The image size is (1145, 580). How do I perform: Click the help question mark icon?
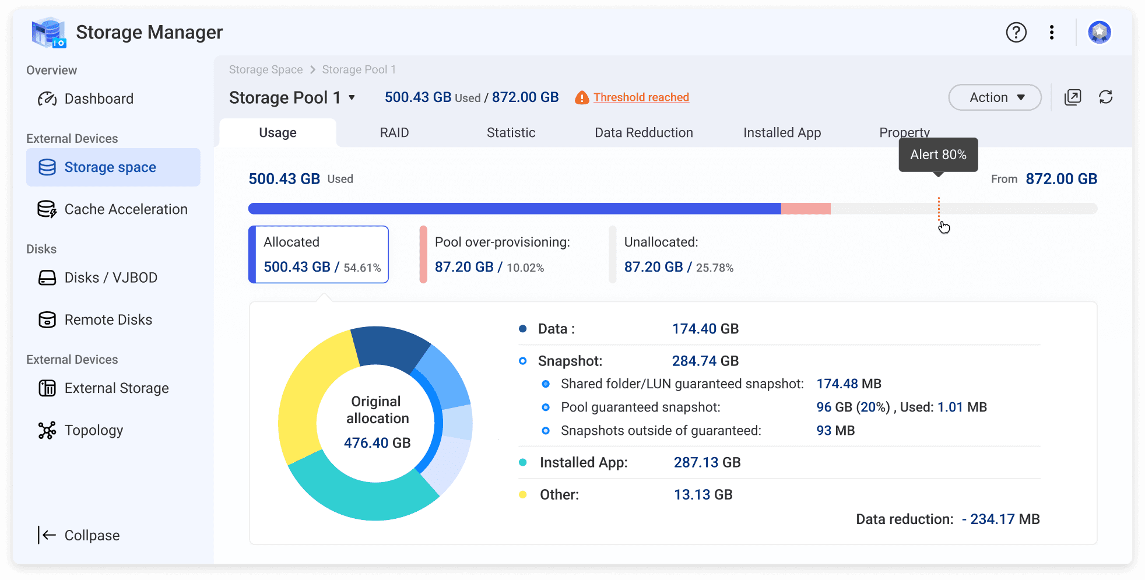point(1016,32)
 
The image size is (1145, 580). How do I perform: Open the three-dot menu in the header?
point(1052,32)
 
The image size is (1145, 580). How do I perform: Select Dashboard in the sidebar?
point(86,99)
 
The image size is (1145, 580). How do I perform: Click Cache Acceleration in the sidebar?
point(113,209)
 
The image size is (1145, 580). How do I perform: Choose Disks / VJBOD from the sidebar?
point(98,277)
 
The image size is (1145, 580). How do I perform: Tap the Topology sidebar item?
point(80,430)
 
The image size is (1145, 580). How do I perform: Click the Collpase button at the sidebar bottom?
point(79,535)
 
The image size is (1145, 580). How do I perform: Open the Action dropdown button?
point(995,97)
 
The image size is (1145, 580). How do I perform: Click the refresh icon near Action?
point(1106,97)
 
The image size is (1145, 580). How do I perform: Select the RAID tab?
point(394,133)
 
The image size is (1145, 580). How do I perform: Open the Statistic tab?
point(511,133)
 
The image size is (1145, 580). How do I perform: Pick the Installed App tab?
point(782,133)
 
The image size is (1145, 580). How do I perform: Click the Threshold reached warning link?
point(641,97)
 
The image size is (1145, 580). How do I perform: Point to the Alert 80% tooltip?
point(939,154)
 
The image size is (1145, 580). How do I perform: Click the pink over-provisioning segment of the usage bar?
point(806,209)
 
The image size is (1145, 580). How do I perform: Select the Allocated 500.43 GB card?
point(319,255)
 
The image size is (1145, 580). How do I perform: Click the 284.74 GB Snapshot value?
point(705,361)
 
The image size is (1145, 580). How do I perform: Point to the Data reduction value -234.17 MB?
point(1001,519)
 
